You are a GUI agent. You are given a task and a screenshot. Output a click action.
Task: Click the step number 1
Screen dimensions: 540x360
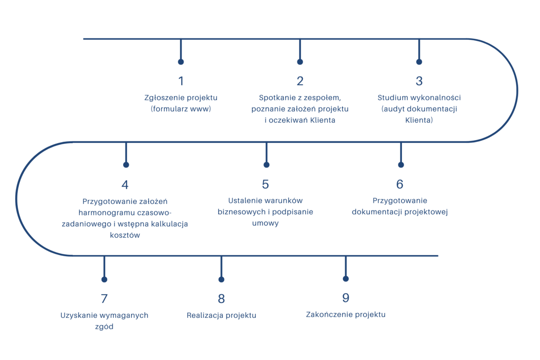click(x=181, y=81)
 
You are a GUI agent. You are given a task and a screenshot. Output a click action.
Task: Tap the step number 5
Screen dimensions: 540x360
click(x=265, y=184)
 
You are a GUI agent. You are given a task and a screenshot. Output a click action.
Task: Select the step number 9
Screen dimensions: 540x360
click(x=346, y=298)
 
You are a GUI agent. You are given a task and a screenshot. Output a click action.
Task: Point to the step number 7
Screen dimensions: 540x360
click(x=104, y=298)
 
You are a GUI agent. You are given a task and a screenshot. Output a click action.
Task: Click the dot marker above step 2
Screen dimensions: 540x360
click(x=300, y=62)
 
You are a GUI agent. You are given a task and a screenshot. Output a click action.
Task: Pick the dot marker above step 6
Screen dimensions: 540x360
click(x=401, y=165)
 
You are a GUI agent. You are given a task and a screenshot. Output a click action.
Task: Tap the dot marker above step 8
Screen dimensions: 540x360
click(x=221, y=279)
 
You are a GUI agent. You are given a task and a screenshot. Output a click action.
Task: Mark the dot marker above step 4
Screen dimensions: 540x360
click(x=126, y=165)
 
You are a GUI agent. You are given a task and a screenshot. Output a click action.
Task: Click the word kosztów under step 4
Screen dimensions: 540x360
click(x=125, y=235)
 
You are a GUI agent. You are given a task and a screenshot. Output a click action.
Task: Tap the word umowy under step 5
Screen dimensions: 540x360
click(x=265, y=223)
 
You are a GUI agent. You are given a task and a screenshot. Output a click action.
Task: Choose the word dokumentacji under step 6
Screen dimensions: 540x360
click(x=377, y=212)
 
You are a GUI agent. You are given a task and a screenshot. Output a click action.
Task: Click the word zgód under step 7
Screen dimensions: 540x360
click(x=104, y=327)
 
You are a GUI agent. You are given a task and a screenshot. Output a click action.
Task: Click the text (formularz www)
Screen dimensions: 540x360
click(x=181, y=109)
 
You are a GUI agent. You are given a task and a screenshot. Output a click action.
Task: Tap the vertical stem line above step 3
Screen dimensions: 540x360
click(x=419, y=49)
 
